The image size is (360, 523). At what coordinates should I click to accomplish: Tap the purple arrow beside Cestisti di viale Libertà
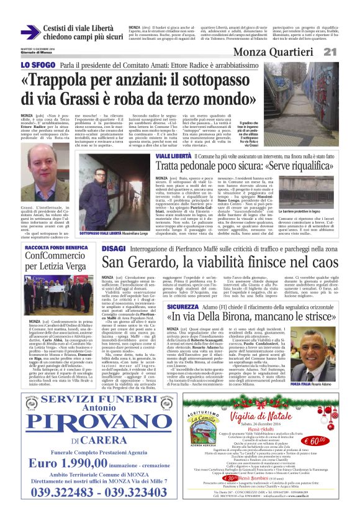[30, 32]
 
